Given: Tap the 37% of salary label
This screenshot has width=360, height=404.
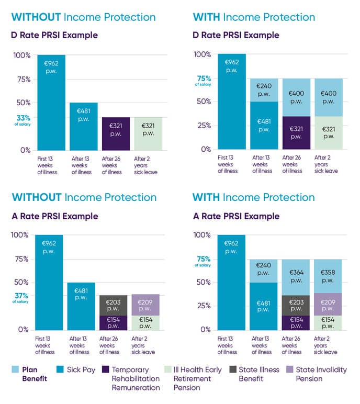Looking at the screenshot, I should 22,297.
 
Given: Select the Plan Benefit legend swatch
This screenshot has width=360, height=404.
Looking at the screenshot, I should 16,369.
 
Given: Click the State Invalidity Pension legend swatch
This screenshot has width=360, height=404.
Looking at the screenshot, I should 289,369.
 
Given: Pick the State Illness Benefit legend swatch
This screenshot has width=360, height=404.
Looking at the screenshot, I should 232,369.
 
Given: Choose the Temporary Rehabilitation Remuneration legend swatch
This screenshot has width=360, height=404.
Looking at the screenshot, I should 105,369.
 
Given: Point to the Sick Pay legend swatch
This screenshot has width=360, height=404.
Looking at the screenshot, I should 62,369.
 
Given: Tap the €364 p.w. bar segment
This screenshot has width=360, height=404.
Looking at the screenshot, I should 296,277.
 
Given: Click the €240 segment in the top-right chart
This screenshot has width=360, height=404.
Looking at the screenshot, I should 264,90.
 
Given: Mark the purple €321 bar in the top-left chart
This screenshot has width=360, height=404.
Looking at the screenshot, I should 115,134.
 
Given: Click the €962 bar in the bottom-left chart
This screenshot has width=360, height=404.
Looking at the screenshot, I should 49,283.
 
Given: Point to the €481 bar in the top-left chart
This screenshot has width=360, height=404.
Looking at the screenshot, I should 83,126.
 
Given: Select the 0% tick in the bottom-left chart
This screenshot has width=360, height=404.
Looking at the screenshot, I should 23,330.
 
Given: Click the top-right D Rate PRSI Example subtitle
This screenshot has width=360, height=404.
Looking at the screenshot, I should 236,36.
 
